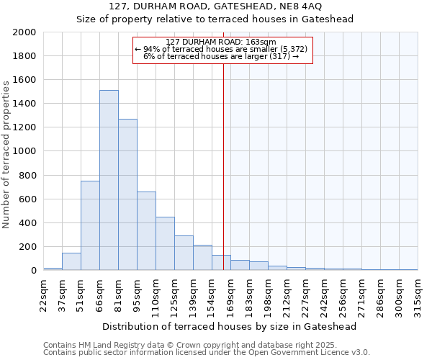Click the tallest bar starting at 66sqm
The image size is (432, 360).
pyautogui.click(x=109, y=180)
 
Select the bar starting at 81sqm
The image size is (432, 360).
pyautogui.click(x=127, y=194)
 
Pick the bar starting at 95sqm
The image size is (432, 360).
pyautogui.click(x=146, y=230)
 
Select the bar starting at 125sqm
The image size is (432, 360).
pyautogui.click(x=184, y=253)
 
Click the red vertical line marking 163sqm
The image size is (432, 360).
pyautogui.click(x=223, y=166)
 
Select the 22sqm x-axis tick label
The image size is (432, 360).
pyautogui.click(x=43, y=291)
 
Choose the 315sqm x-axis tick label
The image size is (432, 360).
pyautogui.click(x=418, y=291)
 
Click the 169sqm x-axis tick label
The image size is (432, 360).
pyautogui.click(x=230, y=291)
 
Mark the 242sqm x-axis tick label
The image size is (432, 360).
pyautogui.click(x=324, y=291)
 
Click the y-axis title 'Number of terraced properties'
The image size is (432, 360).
pyautogui.click(x=6, y=154)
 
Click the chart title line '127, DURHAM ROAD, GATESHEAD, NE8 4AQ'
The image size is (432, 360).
pyautogui.click(x=215, y=6)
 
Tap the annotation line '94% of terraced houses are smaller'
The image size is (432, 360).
pyautogui.click(x=222, y=49)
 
